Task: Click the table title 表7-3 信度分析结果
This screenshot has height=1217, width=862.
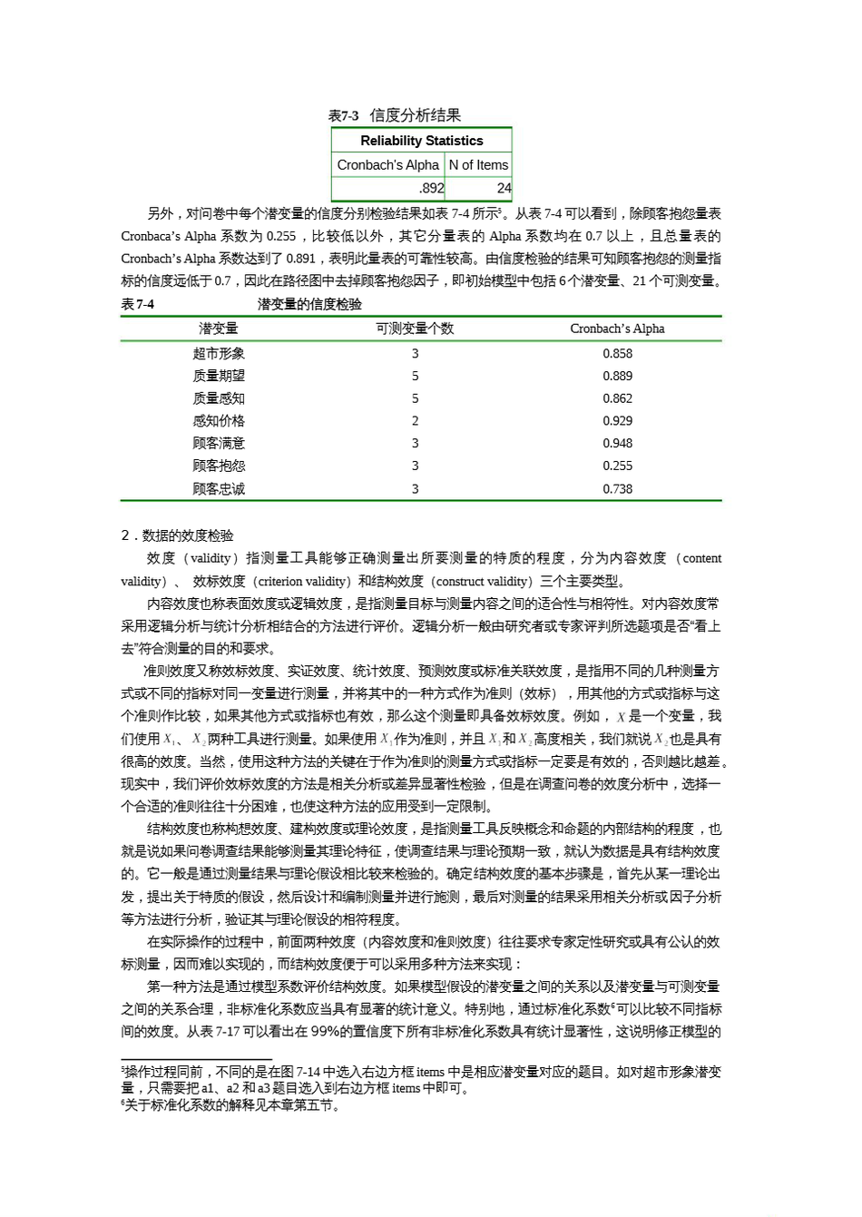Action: tap(395, 115)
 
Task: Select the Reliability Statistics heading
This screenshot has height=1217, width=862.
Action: tap(421, 141)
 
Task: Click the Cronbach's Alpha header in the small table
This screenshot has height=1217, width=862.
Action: tap(387, 165)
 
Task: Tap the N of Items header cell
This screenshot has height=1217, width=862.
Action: tap(478, 165)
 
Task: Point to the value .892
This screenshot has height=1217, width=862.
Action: tap(432, 189)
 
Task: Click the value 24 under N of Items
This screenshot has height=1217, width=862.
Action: tap(504, 189)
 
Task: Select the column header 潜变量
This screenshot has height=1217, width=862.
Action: tap(219, 329)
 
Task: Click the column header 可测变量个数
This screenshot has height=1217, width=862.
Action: tap(415, 329)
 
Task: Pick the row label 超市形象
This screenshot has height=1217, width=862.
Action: tap(219, 354)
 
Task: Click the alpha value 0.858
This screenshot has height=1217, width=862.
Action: tap(617, 354)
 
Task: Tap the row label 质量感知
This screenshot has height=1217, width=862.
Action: tap(219, 398)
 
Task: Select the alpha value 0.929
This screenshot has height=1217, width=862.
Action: tap(617, 421)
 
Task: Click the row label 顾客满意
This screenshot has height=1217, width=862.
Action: tap(219, 444)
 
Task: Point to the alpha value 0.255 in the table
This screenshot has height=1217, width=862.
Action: tap(617, 466)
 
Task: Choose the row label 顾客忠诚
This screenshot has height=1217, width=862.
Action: tap(219, 489)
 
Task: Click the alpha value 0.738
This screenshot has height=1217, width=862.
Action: tap(617, 489)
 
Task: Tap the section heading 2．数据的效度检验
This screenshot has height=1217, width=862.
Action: tap(177, 535)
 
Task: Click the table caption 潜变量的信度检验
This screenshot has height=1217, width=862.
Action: tap(309, 304)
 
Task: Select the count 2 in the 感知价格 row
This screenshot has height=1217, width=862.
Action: tap(415, 421)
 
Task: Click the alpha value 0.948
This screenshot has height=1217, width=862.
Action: tap(617, 444)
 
